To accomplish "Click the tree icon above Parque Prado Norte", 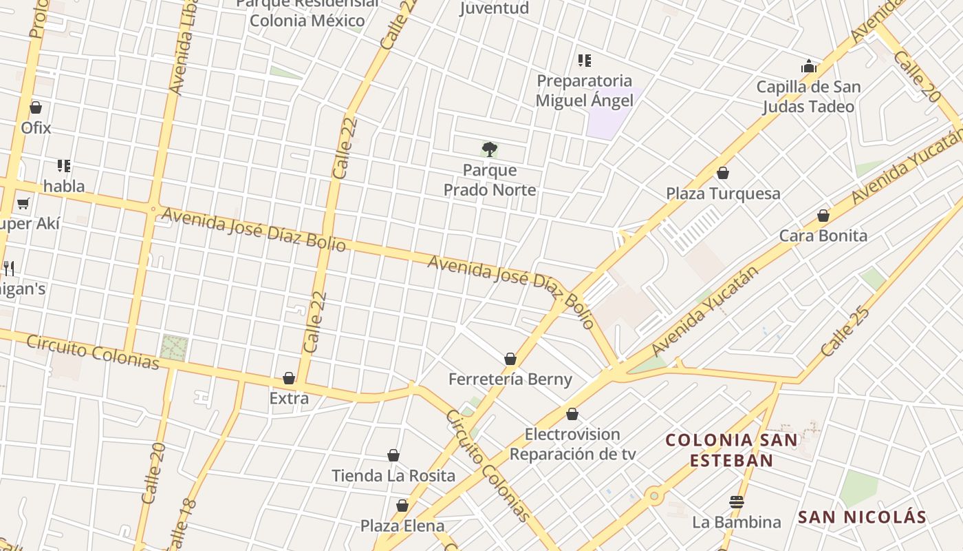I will click(x=489, y=149).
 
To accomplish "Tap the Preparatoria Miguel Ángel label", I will click(x=584, y=91).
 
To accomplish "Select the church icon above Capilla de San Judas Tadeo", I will click(x=808, y=67).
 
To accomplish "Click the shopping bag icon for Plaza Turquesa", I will click(x=722, y=172).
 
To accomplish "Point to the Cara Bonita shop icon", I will click(x=823, y=216).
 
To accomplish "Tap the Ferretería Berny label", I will click(x=510, y=380).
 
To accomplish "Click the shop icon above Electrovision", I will click(x=572, y=414).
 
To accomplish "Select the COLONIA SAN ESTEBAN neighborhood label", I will click(x=731, y=450).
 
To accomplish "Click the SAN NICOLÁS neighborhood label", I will click(x=862, y=517).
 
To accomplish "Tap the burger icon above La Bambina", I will click(x=736, y=501).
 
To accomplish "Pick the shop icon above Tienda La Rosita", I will click(x=393, y=455).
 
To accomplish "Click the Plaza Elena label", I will click(x=402, y=526).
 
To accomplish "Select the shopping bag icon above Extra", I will click(x=289, y=378).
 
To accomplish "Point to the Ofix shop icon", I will click(x=36, y=107).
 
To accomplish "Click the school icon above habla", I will click(x=64, y=166).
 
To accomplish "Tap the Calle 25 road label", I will click(x=845, y=331).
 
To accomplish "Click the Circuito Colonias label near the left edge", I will click(x=93, y=352).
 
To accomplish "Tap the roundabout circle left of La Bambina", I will click(x=653, y=495).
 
